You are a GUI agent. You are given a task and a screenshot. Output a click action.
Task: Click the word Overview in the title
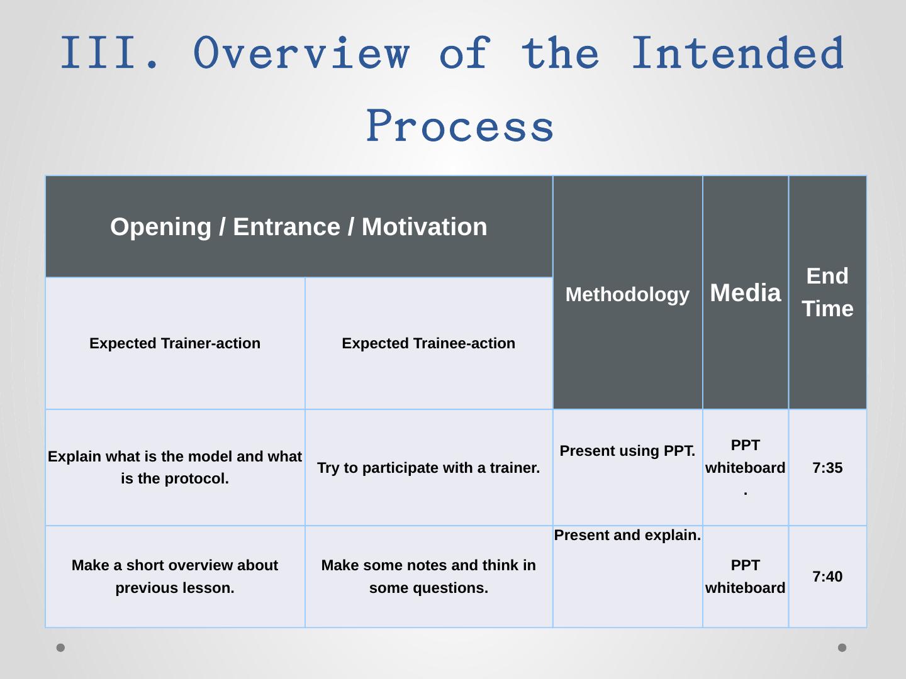301,52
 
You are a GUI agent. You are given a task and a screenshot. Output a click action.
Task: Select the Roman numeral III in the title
98,52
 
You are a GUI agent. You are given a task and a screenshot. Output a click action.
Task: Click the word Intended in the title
738,52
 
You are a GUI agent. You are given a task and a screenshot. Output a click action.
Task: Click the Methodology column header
627,294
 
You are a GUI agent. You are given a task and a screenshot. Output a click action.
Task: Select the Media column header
746,293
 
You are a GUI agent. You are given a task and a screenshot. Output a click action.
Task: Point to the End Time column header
827,292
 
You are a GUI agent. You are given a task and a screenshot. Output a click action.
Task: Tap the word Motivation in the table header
424,227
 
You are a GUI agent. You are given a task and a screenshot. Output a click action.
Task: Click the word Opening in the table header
160,227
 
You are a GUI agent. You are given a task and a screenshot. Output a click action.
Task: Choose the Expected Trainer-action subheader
175,343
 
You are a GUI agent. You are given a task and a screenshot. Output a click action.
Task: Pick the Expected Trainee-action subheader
428,343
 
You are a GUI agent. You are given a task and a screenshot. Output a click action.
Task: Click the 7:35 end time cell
827,468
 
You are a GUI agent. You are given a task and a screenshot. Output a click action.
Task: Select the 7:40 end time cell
827,577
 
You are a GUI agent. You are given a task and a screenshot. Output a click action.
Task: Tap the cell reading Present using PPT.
627,451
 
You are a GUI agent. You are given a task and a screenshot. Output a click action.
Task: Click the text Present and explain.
627,535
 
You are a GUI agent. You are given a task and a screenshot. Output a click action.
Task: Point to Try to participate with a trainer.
428,468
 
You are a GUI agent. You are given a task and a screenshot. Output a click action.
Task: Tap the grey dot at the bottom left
60,648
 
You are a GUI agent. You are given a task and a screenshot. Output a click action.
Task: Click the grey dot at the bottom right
842,648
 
